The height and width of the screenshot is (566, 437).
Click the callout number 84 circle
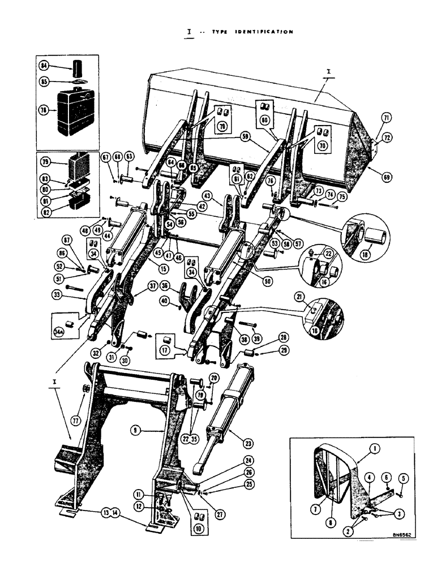[44, 66]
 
